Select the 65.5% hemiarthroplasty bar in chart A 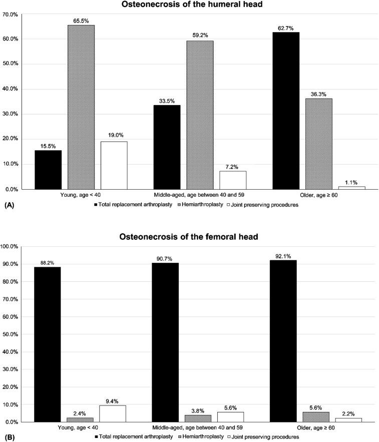pos(81,107)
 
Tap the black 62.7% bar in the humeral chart pos(285,111)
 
